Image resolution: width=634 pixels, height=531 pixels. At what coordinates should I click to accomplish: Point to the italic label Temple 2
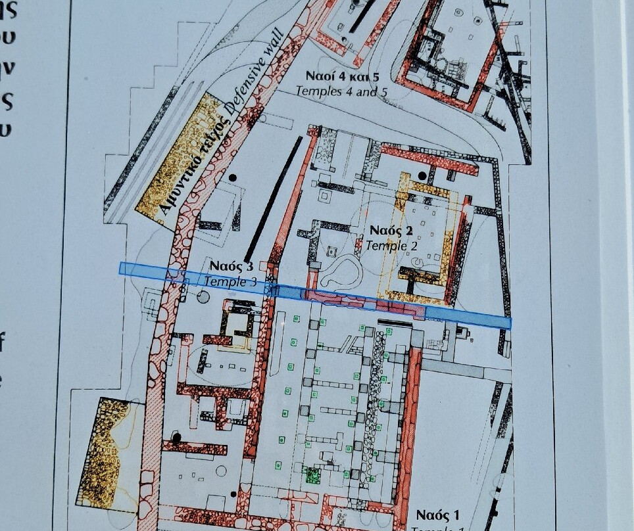coord(391,246)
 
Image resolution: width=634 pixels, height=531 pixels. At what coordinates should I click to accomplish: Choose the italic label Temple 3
coord(230,281)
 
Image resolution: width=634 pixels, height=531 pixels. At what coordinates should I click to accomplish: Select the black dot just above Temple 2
coord(422,176)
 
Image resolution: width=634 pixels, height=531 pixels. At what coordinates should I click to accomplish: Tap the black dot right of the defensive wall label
coord(232,178)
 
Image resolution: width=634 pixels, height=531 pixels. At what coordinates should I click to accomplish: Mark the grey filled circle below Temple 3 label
coord(203,297)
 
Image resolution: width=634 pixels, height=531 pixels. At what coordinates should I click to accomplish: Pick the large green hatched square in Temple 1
coord(313,474)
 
